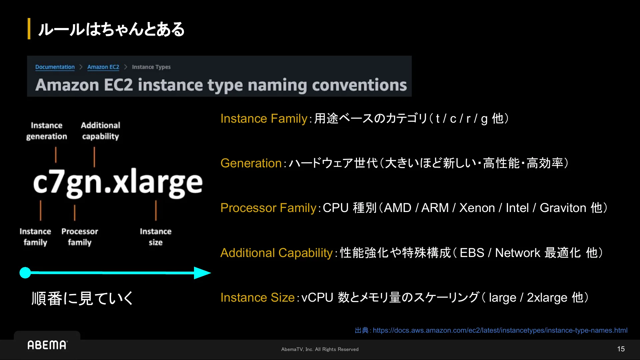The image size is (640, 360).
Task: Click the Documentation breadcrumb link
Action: coord(55,67)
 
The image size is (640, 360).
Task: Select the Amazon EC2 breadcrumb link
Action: coord(103,67)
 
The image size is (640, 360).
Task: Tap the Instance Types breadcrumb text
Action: coord(151,67)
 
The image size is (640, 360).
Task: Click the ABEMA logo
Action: coord(47,345)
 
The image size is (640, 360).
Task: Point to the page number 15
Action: coord(621,349)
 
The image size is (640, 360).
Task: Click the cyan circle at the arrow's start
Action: coord(25,273)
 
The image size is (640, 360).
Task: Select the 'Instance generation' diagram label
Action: coord(47,131)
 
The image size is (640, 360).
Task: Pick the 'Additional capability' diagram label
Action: coord(100,131)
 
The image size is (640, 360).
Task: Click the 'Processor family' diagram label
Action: coord(80,237)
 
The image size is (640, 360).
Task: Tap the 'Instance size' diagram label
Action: coord(156,237)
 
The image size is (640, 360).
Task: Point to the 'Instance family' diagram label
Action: coord(35,237)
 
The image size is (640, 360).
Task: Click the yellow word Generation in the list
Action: coord(251,163)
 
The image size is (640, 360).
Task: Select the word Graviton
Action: coord(563,208)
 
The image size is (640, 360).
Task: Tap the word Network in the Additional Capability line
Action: coord(517,253)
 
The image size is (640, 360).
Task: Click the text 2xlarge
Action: coord(547,298)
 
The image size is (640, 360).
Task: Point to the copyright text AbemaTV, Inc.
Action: coord(297,349)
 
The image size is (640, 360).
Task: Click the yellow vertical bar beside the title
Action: coord(29,29)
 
